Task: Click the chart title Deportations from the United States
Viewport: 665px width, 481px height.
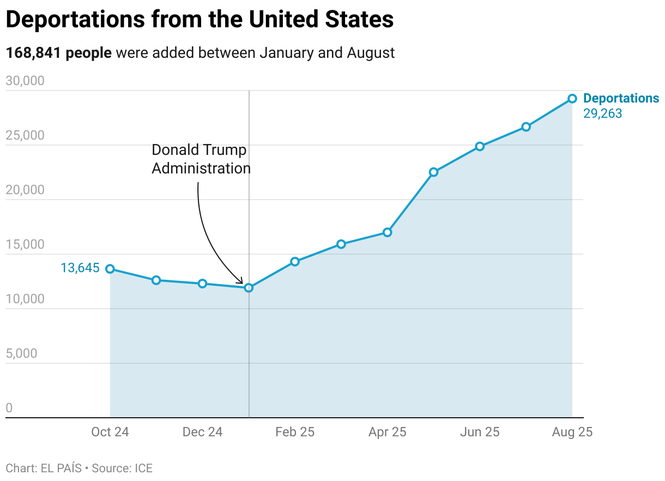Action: pyautogui.click(x=199, y=20)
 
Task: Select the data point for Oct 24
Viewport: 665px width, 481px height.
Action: pyautogui.click(x=110, y=269)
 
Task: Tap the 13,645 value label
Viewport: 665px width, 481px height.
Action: pyautogui.click(x=80, y=268)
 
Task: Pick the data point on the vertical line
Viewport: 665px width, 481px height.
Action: pyautogui.click(x=249, y=287)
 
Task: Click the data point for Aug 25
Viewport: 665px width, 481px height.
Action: pyautogui.click(x=572, y=99)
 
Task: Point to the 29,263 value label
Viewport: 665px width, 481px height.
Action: pyautogui.click(x=602, y=113)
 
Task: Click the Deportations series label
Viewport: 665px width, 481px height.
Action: pyautogui.click(x=621, y=98)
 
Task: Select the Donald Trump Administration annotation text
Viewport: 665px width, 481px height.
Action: pyautogui.click(x=201, y=159)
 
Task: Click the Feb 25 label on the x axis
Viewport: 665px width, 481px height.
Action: pyautogui.click(x=295, y=432)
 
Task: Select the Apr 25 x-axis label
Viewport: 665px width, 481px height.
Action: pyautogui.click(x=388, y=432)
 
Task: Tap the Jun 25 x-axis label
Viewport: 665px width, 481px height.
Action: pyautogui.click(x=480, y=432)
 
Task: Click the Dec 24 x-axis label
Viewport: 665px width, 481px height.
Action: pyautogui.click(x=202, y=432)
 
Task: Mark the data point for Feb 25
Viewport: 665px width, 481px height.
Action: pyautogui.click(x=295, y=261)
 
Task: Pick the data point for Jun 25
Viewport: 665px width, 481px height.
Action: pyautogui.click(x=480, y=146)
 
